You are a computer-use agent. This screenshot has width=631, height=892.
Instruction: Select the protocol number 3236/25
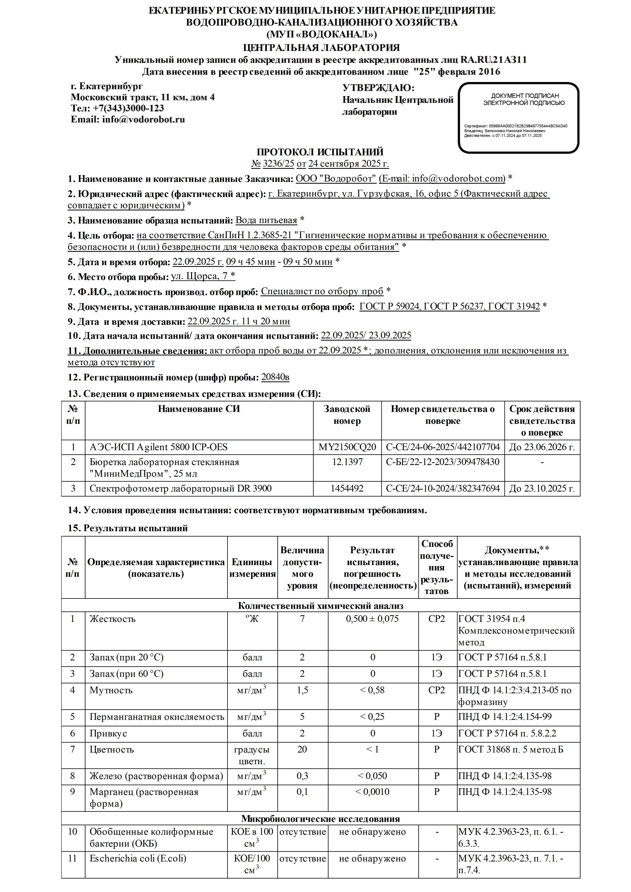click(278, 163)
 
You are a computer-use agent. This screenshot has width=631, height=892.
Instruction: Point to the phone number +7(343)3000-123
click(128, 108)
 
